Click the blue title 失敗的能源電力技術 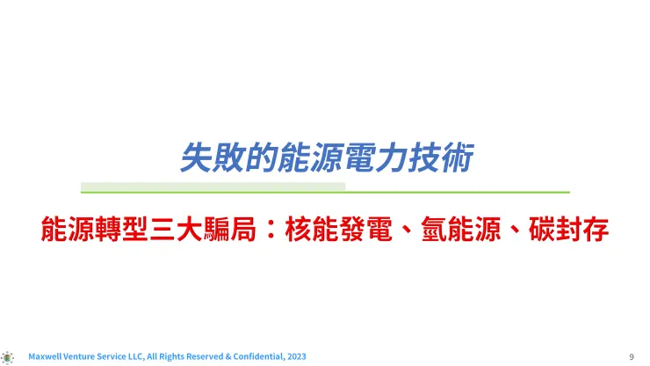tap(325, 159)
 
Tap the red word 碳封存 tap(571, 231)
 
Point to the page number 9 tap(632, 356)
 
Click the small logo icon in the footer tap(9, 356)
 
